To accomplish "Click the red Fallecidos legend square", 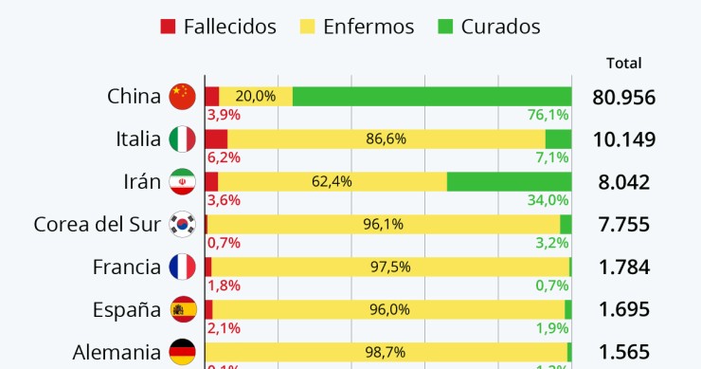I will [x=169, y=27].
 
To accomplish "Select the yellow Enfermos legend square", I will [x=307, y=27].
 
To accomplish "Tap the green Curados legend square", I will [x=445, y=27].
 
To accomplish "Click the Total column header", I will [x=623, y=64].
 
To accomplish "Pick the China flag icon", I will [x=182, y=97].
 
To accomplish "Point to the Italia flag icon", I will [x=182, y=139].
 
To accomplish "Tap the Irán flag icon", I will [x=182, y=182].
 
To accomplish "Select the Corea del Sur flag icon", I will [x=182, y=225].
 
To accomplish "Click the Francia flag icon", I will [x=182, y=268].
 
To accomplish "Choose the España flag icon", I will [x=182, y=310].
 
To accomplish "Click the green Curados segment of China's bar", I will [x=432, y=96].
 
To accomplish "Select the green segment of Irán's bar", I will [x=509, y=181].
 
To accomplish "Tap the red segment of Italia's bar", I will [x=216, y=138].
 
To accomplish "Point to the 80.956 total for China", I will [x=623, y=97].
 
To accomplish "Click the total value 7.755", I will [x=623, y=225].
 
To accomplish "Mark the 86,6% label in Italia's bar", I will [x=386, y=138].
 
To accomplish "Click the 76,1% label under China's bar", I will [x=548, y=115].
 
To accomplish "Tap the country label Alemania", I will [x=117, y=353].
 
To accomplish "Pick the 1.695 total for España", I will [x=623, y=310].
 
